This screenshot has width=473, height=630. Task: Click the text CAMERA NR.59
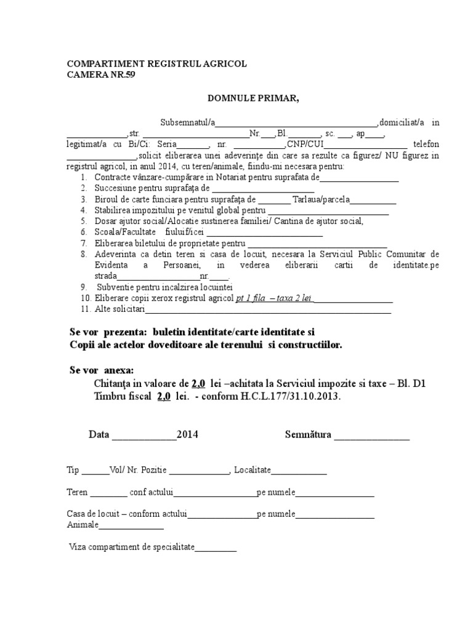(x=100, y=75)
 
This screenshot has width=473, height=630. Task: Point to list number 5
(x=83, y=221)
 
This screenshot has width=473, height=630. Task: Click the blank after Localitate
(x=299, y=470)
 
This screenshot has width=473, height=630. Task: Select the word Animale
(x=83, y=525)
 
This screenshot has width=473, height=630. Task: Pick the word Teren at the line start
(x=78, y=493)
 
